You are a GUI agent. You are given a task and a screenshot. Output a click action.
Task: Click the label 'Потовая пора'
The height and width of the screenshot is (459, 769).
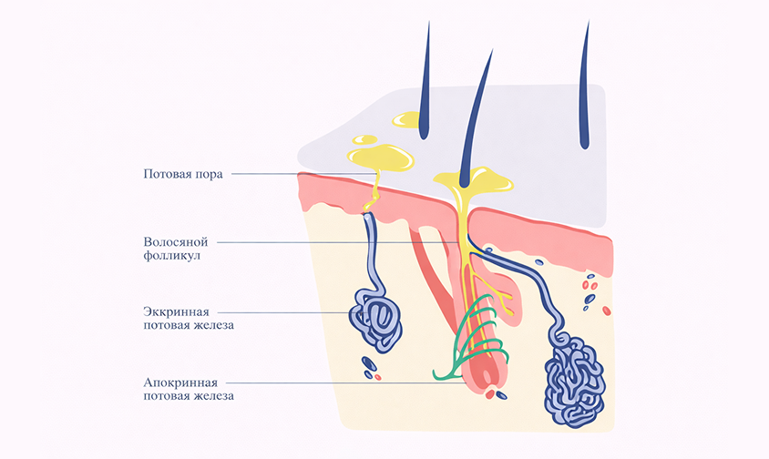[x=182, y=173]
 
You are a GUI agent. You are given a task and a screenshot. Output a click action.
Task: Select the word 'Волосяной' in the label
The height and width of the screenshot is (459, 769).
[x=176, y=242]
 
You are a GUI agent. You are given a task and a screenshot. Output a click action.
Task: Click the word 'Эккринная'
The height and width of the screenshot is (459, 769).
[x=175, y=311]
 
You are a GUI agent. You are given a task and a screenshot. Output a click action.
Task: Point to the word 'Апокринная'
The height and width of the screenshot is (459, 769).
[x=180, y=382]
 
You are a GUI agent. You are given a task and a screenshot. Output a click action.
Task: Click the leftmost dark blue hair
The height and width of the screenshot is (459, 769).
[x=425, y=82]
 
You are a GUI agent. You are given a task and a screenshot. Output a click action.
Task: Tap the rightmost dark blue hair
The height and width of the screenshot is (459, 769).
[x=584, y=87]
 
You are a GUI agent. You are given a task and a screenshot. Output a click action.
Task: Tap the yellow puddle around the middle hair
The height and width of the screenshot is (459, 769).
[x=474, y=180]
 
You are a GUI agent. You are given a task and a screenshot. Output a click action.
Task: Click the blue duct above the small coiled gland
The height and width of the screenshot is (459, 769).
[x=373, y=255]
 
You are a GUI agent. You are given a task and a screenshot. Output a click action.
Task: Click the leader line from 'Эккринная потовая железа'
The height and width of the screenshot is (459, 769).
[x=292, y=311]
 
